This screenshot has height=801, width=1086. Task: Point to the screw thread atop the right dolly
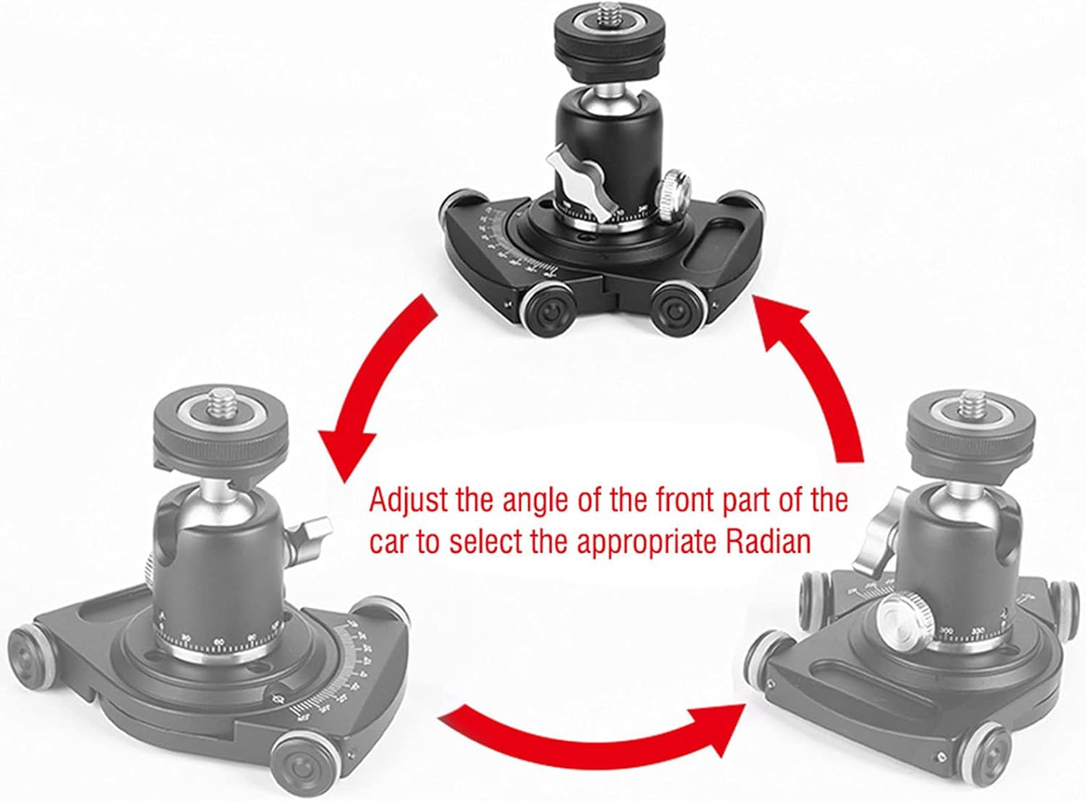[970, 403]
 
